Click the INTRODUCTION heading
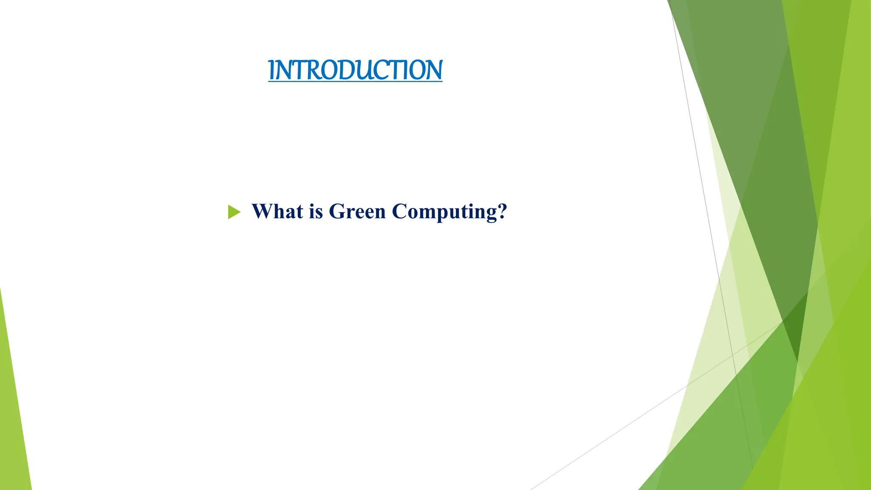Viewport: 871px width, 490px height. click(355, 70)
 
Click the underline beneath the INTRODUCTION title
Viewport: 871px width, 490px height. click(355, 82)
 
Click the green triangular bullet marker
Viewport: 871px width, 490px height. click(233, 212)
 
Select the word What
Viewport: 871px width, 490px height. click(277, 211)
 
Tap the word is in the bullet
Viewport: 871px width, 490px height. click(316, 211)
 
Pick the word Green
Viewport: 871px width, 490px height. click(357, 211)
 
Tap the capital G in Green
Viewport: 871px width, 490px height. click(336, 211)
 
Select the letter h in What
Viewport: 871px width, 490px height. click(279, 211)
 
